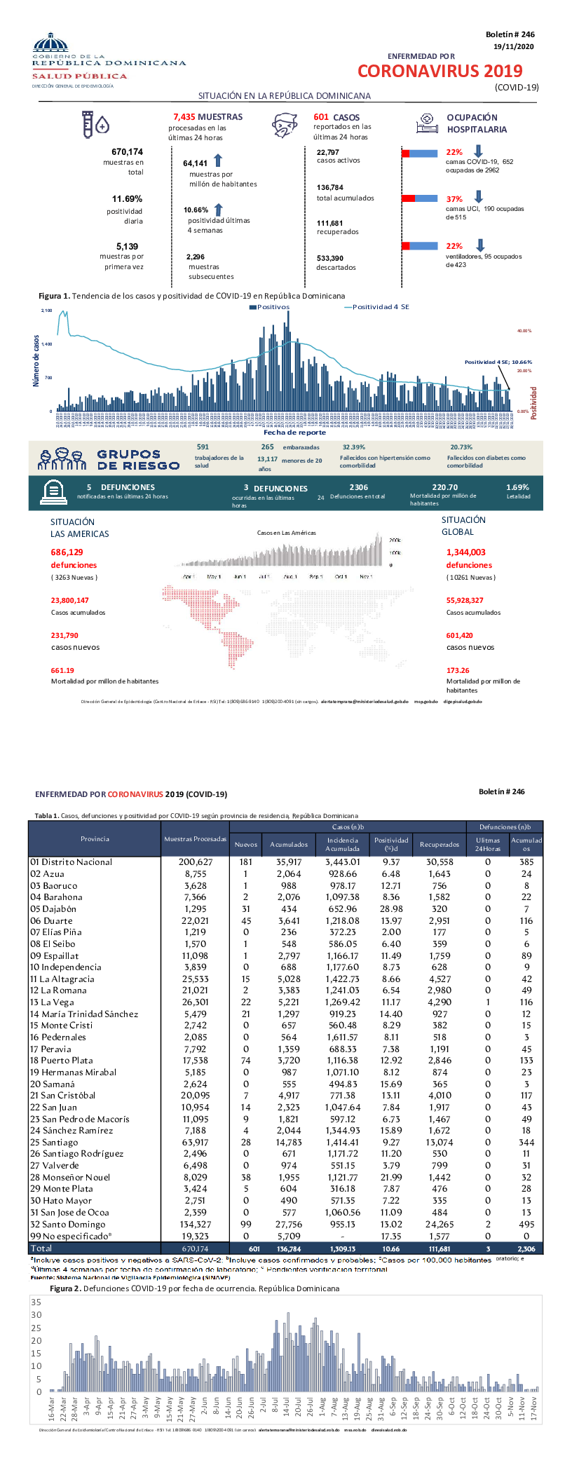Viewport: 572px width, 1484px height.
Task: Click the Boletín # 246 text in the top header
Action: click(x=510, y=34)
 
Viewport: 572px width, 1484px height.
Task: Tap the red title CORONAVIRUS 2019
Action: click(x=440, y=72)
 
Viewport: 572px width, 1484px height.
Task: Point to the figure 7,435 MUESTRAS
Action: click(x=207, y=117)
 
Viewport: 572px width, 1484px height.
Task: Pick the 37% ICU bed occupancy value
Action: click(x=454, y=199)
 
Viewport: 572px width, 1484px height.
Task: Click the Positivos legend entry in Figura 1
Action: click(x=269, y=307)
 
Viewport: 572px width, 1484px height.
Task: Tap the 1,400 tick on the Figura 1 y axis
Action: click(x=46, y=344)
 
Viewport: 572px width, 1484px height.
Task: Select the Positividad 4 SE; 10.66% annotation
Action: click(x=498, y=362)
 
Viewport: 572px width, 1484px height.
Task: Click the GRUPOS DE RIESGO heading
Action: click(x=137, y=460)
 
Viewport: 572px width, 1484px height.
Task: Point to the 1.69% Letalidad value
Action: click(x=517, y=487)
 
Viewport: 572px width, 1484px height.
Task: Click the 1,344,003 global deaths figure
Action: click(x=465, y=552)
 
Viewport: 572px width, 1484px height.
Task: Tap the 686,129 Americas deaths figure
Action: click(x=67, y=552)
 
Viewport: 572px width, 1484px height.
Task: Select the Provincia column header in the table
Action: click(x=95, y=838)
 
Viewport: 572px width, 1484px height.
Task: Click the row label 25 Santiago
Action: click(x=54, y=1143)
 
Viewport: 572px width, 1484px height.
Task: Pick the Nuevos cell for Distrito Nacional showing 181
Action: click(x=245, y=862)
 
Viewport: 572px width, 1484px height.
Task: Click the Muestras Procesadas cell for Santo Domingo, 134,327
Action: click(x=195, y=1224)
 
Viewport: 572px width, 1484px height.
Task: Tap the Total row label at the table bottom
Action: click(x=41, y=1248)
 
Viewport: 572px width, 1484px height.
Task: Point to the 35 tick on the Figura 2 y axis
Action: click(x=36, y=1302)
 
